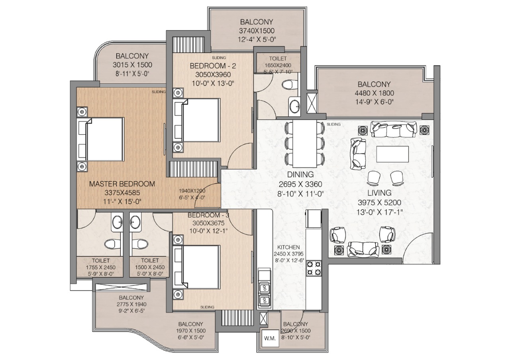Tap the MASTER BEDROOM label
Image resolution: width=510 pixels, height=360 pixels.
point(122,184)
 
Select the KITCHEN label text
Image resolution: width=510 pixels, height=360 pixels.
point(289,247)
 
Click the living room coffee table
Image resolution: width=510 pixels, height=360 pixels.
point(393,154)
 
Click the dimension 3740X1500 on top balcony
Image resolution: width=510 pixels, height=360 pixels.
point(257,31)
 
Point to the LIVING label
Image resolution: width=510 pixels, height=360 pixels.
point(380,193)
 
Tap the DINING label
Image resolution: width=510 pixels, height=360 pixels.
point(300,175)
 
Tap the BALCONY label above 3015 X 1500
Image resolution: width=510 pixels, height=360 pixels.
point(132,56)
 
